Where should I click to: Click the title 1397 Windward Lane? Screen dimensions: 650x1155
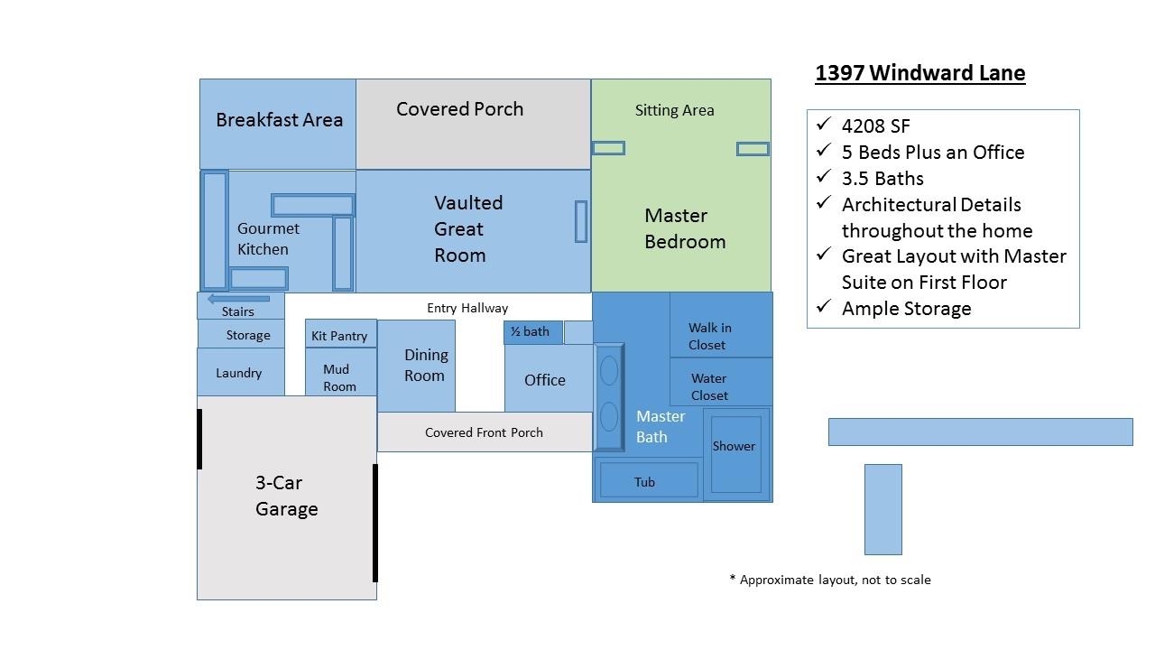pyautogui.click(x=919, y=73)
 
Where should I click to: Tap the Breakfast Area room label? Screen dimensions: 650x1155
pyautogui.click(x=279, y=120)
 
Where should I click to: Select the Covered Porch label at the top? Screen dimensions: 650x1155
pyautogui.click(x=459, y=109)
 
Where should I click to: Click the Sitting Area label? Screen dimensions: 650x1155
pyautogui.click(x=674, y=110)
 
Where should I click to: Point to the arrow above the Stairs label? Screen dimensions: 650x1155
pyautogui.click(x=238, y=299)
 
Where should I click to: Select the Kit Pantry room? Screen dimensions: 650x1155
pyautogui.click(x=339, y=335)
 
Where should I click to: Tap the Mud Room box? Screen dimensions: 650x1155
pyautogui.click(x=339, y=377)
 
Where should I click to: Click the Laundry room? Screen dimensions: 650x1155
pyautogui.click(x=239, y=373)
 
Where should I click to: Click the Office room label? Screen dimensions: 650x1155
pyautogui.click(x=545, y=380)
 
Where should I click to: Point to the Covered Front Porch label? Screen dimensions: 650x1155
pyautogui.click(x=484, y=432)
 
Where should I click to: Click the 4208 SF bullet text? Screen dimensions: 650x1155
pyautogui.click(x=875, y=126)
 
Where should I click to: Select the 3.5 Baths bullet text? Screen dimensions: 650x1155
pyautogui.click(x=882, y=179)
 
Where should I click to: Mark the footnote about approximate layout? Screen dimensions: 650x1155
pyautogui.click(x=829, y=580)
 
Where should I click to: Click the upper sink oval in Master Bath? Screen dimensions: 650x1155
pyautogui.click(x=609, y=370)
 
